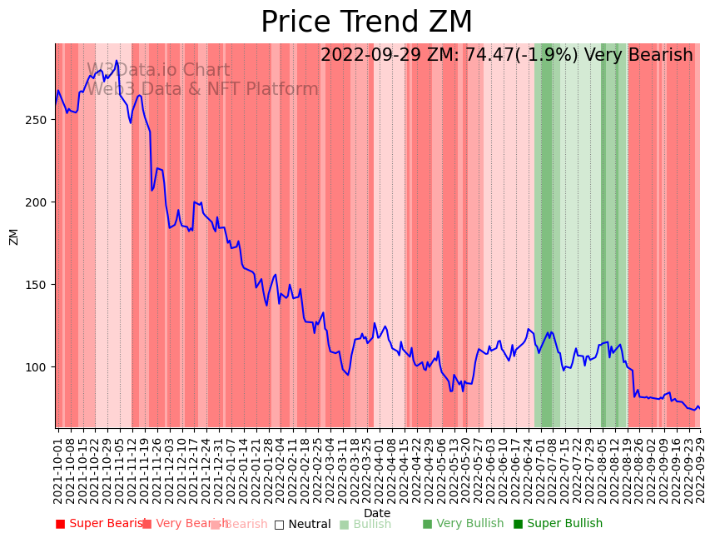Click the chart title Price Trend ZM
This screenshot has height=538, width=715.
[x=366, y=22]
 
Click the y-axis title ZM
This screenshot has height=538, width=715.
[x=14, y=237]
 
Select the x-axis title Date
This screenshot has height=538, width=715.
[x=377, y=513]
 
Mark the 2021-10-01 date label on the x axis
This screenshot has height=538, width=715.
[x=57, y=467]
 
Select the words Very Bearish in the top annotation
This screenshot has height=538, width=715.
[x=638, y=56]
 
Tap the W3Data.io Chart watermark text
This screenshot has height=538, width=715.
[x=158, y=71]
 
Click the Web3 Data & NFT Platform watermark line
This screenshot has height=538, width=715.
[x=202, y=89]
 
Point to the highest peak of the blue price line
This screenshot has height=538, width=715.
[x=117, y=61]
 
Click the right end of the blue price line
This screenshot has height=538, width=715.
[x=699, y=408]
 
